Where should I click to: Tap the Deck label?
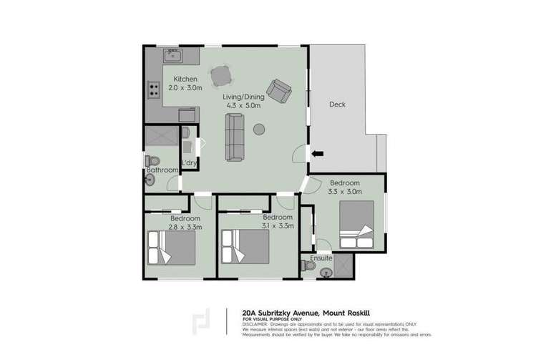[x=337, y=104]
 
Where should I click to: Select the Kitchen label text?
[x=185, y=78]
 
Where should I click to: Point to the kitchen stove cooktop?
[x=153, y=90]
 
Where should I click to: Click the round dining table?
[x=220, y=74]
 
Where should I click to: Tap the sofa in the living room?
[x=235, y=137]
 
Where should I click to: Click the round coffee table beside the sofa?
[x=259, y=130]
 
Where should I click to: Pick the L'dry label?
[x=190, y=163]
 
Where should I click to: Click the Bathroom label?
[x=162, y=170]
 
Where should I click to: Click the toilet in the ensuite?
[x=309, y=266]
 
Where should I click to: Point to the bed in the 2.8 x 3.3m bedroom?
[x=171, y=247]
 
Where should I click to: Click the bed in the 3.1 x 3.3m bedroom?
[x=245, y=247]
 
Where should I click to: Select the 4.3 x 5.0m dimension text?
[x=244, y=106]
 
